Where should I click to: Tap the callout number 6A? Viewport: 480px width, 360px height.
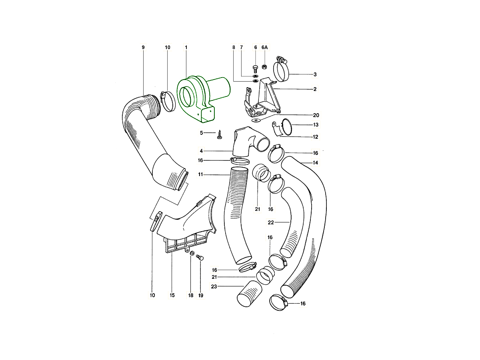(x=264, y=47)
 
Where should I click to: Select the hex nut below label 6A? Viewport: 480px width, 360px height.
(x=264, y=66)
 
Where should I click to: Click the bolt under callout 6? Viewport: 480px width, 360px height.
(x=255, y=69)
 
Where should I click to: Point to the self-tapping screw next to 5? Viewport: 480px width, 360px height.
(x=219, y=134)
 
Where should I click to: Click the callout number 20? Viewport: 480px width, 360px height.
(x=316, y=115)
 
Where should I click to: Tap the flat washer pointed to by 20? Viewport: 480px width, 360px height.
(x=255, y=120)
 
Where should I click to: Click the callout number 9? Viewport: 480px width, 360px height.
(x=143, y=47)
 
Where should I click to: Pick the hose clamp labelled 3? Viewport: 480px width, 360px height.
(x=281, y=69)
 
